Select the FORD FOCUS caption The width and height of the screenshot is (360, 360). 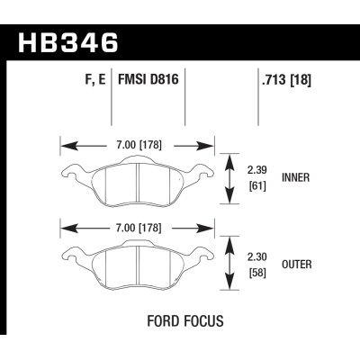182,320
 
